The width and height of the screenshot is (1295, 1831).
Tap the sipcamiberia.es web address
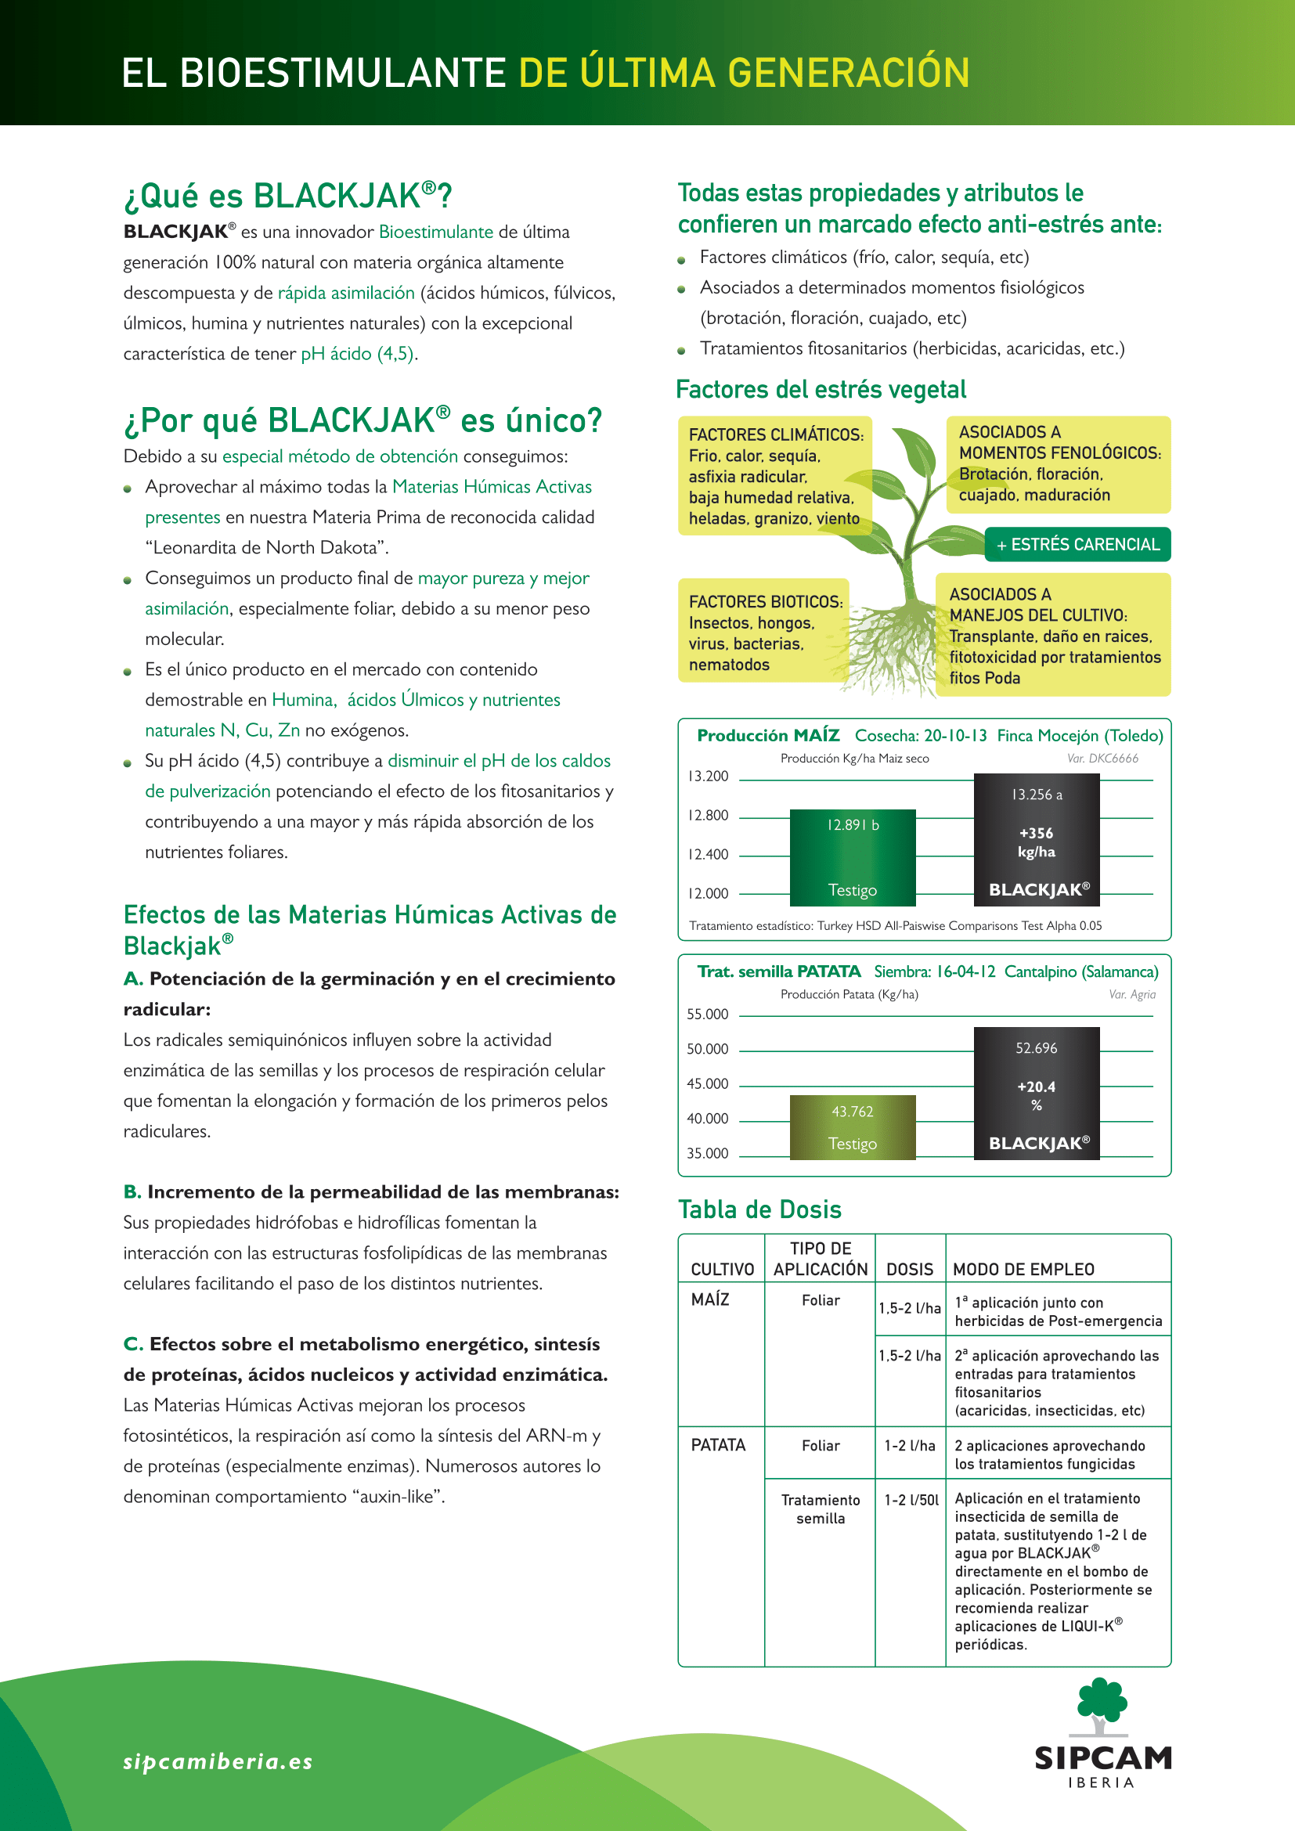point(218,1761)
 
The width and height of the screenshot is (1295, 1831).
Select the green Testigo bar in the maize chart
point(853,857)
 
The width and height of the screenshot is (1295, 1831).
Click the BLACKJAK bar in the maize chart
point(1036,840)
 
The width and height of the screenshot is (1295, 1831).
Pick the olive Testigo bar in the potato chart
point(853,1126)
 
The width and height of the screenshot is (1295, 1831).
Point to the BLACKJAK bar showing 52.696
point(1036,1093)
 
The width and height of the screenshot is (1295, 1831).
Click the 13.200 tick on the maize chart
point(708,776)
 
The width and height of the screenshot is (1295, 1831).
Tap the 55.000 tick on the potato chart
point(708,1014)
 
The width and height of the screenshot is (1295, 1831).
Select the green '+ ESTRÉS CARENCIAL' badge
point(1077,545)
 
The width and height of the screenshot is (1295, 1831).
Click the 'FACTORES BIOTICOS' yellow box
point(763,631)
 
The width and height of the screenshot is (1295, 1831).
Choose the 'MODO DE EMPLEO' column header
point(1023,1269)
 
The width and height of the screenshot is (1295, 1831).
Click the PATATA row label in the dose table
point(718,1445)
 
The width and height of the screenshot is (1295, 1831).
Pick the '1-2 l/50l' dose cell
point(911,1499)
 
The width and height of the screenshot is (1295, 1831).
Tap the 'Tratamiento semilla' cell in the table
point(820,1508)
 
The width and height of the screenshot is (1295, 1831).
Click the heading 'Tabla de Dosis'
point(759,1209)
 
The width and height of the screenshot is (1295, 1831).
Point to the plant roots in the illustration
point(886,646)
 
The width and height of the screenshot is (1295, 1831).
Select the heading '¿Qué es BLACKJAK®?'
point(288,196)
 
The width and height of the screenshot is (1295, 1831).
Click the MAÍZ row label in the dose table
point(709,1299)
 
